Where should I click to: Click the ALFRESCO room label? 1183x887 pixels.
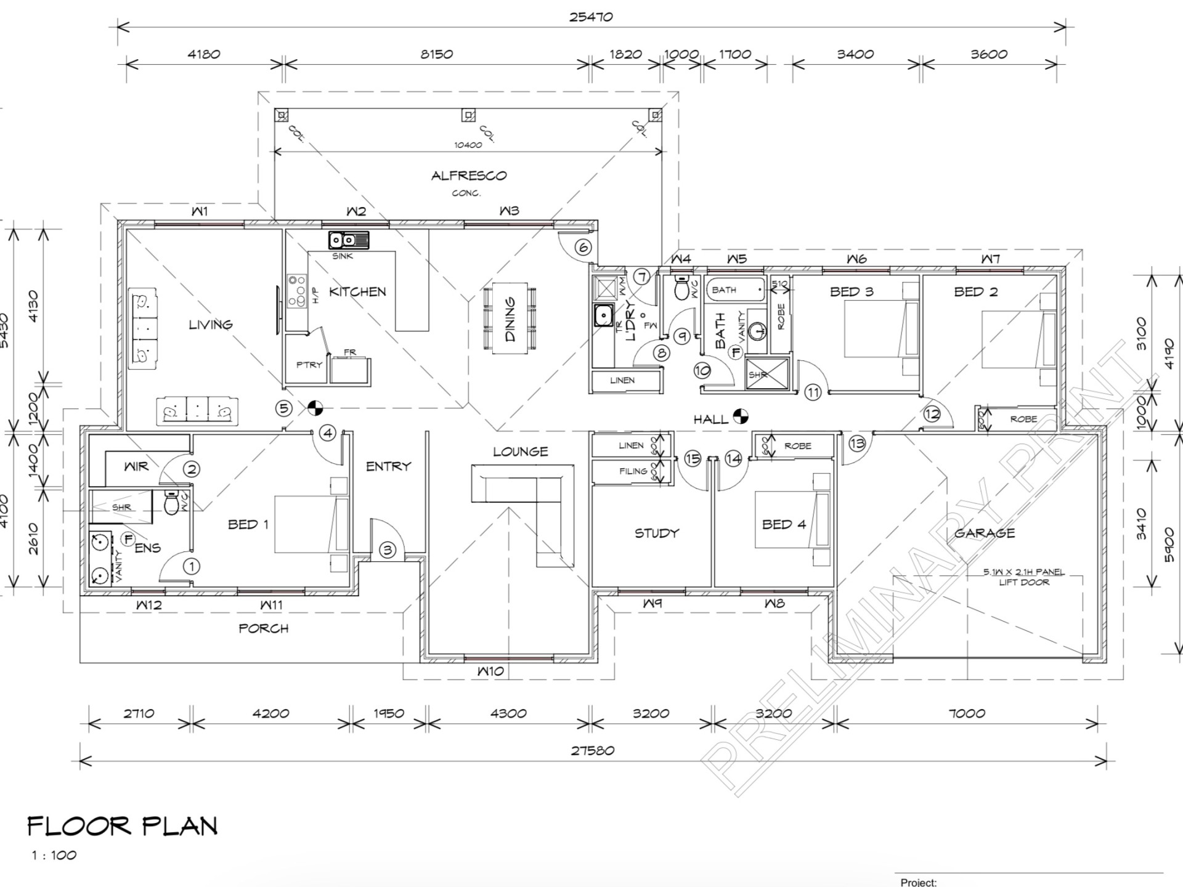(468, 176)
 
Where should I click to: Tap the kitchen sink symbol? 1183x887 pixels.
(349, 240)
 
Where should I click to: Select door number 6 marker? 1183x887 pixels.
(583, 248)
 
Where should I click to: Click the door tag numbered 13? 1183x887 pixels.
(857, 443)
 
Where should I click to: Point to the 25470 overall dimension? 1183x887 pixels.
(590, 17)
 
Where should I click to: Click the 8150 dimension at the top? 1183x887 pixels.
(436, 54)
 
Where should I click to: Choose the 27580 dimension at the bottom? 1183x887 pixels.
(592, 750)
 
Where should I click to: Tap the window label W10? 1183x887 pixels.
(490, 671)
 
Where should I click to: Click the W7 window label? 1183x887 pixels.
(990, 259)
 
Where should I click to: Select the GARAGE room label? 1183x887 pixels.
(984, 533)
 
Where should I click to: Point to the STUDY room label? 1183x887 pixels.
(657, 533)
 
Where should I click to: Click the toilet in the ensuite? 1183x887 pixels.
(171, 503)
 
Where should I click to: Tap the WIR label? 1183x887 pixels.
(136, 466)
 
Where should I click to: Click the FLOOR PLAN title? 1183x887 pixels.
(123, 826)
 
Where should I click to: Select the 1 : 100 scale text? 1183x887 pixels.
(54, 855)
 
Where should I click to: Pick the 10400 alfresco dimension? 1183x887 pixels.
(468, 145)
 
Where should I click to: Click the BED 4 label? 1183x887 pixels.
(784, 524)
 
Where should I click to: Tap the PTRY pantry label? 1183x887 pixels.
(309, 365)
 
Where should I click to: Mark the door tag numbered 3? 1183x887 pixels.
(387, 550)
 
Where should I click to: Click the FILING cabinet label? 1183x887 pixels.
(633, 471)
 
